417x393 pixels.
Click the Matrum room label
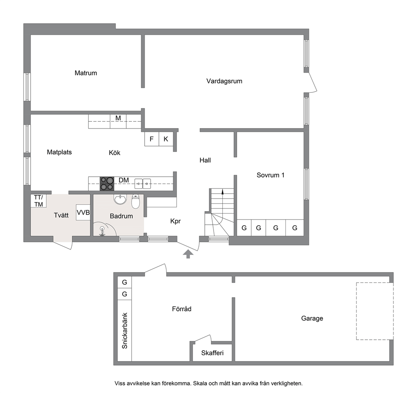pyautogui.click(x=86, y=73)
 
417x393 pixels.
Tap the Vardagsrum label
pyautogui.click(x=224, y=81)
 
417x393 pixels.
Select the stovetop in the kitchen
pyautogui.click(x=107, y=183)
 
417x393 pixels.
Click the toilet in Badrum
pyautogui.click(x=136, y=201)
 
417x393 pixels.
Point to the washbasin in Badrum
pyautogui.click(x=120, y=199)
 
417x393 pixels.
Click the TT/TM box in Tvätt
pyautogui.click(x=39, y=201)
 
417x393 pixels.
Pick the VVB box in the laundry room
pyautogui.click(x=83, y=212)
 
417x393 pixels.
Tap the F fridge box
pyautogui.click(x=152, y=139)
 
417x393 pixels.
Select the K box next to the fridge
pyautogui.click(x=166, y=139)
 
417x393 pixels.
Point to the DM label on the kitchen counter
pyautogui.click(x=124, y=180)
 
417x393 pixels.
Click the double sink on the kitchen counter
pyautogui.click(x=143, y=183)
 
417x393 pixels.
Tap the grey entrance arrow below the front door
pyautogui.click(x=188, y=254)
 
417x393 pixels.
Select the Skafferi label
pyautogui.click(x=212, y=353)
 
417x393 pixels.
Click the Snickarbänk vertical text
pyautogui.click(x=124, y=330)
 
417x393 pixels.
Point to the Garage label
pyautogui.click(x=312, y=318)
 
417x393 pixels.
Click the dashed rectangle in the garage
pyautogui.click(x=356, y=311)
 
